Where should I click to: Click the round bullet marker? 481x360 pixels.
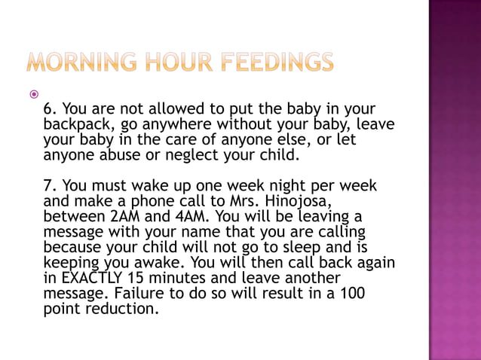point(32,96)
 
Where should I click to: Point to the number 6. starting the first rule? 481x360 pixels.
point(50,108)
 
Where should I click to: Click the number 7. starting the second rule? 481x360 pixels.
point(50,185)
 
